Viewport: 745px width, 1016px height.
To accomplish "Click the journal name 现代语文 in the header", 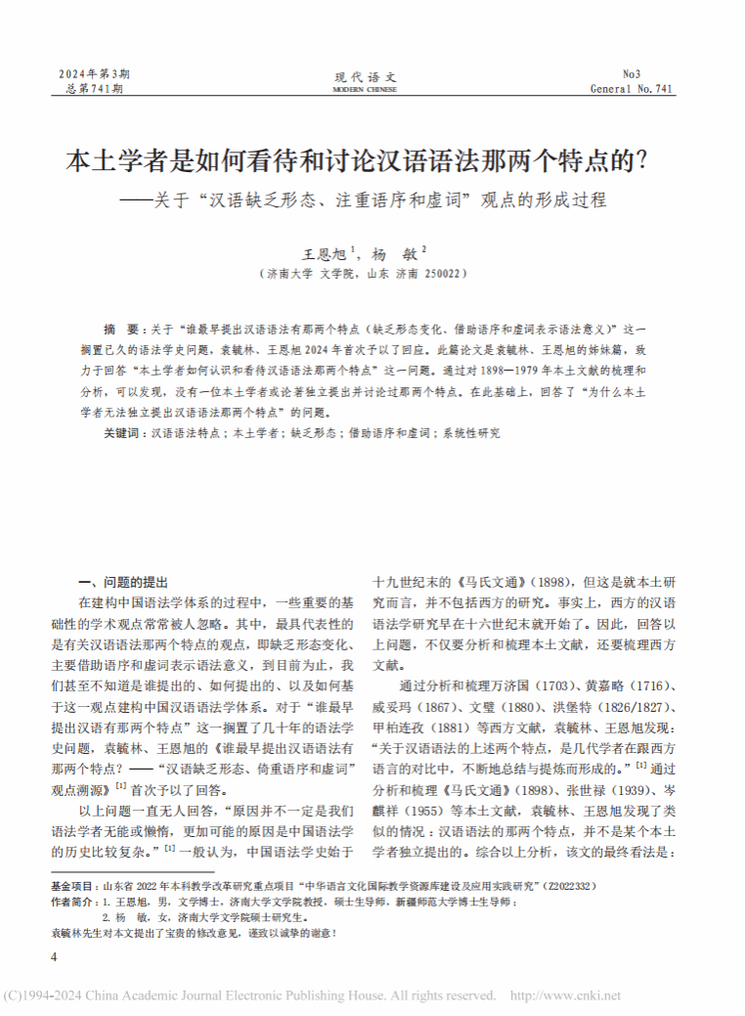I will (367, 76).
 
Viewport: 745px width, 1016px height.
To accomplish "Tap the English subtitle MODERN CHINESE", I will (366, 89).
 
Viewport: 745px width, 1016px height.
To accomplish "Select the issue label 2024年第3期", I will (94, 74).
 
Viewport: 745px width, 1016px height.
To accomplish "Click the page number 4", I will (54, 955).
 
